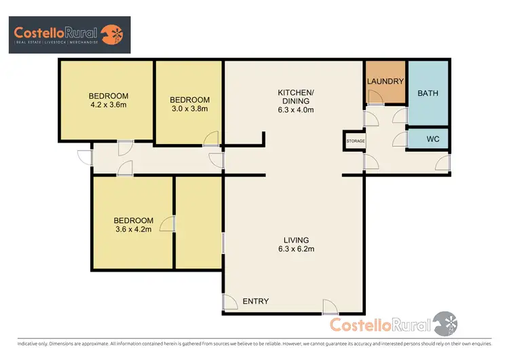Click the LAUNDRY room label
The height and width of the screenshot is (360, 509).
385,82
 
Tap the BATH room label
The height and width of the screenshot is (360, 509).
428,93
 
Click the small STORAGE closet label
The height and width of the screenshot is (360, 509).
356,141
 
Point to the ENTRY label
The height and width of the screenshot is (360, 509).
255,302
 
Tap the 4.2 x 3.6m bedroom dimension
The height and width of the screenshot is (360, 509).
108,105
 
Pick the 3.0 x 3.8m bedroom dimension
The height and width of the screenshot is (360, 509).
188,109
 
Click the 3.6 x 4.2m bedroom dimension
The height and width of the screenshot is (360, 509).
133,230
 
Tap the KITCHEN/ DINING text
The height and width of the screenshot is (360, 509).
296,96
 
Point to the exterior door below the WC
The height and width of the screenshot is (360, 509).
442,162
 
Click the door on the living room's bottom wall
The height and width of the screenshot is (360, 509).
330,307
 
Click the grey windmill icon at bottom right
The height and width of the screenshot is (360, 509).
445,323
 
